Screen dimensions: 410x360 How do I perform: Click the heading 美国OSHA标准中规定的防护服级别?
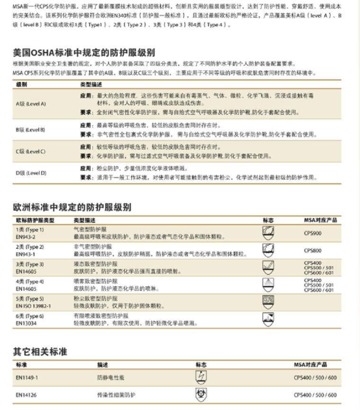click(x=83, y=53)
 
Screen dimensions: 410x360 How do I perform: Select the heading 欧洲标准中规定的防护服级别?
click(x=72, y=208)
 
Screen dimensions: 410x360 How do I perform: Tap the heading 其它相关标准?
click(x=40, y=352)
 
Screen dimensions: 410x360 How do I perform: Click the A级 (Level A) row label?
click(x=31, y=103)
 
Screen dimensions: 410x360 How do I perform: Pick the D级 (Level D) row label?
click(x=31, y=173)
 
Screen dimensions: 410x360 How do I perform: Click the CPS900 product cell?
click(x=313, y=233)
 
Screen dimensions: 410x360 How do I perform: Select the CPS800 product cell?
click(x=313, y=250)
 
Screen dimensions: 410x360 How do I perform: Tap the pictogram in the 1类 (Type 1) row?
click(x=268, y=233)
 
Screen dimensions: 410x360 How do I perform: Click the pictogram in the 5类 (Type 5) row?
click(x=268, y=301)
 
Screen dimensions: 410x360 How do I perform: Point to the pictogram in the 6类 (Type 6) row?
click(x=268, y=319)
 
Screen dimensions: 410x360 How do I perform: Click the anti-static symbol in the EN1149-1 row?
click(x=201, y=377)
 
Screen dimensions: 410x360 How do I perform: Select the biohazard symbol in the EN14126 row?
click(x=201, y=395)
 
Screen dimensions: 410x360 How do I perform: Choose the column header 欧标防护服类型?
click(x=35, y=220)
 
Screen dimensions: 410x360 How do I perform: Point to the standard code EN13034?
click(x=27, y=323)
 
